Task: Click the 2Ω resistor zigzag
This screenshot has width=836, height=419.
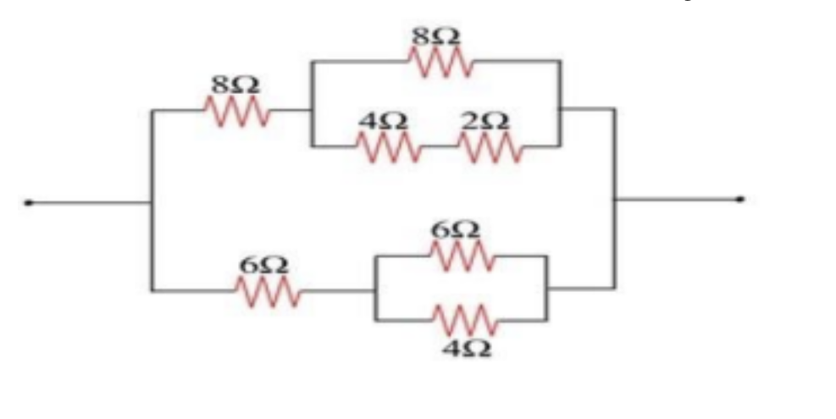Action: (x=490, y=146)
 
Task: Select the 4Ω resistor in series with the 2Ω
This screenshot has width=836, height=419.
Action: (x=389, y=146)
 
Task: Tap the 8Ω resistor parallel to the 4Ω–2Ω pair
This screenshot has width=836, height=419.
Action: (x=440, y=61)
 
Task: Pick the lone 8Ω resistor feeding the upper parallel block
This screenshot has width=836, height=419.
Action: (x=237, y=111)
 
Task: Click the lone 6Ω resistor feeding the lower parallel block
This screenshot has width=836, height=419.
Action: (x=269, y=291)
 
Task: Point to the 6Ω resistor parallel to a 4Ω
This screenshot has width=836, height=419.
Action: (x=462, y=256)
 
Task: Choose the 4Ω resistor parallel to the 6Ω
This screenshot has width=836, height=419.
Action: (x=467, y=320)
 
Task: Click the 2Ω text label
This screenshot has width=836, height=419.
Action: (x=484, y=122)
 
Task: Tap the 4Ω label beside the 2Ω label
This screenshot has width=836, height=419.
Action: (x=384, y=122)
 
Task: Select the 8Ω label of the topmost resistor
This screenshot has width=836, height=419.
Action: (x=435, y=36)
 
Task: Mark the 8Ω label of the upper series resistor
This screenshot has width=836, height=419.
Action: (x=235, y=85)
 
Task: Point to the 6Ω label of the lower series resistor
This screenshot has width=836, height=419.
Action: (x=263, y=266)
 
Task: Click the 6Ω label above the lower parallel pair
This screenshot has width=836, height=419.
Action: (x=456, y=230)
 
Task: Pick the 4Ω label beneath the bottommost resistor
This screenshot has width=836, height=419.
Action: (x=468, y=349)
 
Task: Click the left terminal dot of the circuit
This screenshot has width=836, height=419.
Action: (x=29, y=202)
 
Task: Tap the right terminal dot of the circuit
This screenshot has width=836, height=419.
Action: (x=740, y=200)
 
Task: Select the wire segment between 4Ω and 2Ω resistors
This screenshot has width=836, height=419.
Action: (x=440, y=146)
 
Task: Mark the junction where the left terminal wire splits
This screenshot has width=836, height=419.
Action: (x=152, y=202)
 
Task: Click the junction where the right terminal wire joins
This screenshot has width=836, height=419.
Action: (x=615, y=200)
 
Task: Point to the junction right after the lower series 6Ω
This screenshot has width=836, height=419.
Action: (x=375, y=291)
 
